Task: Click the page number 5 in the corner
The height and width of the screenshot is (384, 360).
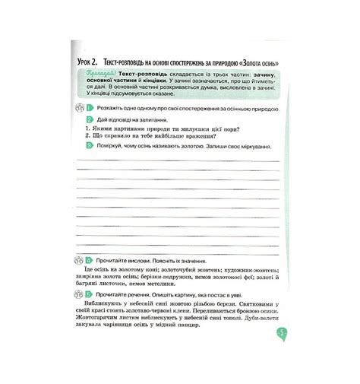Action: point(281,333)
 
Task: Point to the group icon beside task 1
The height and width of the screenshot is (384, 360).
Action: point(78,109)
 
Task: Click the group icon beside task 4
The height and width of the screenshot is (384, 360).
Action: point(78,259)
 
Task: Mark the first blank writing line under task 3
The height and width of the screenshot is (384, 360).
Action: point(182,160)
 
